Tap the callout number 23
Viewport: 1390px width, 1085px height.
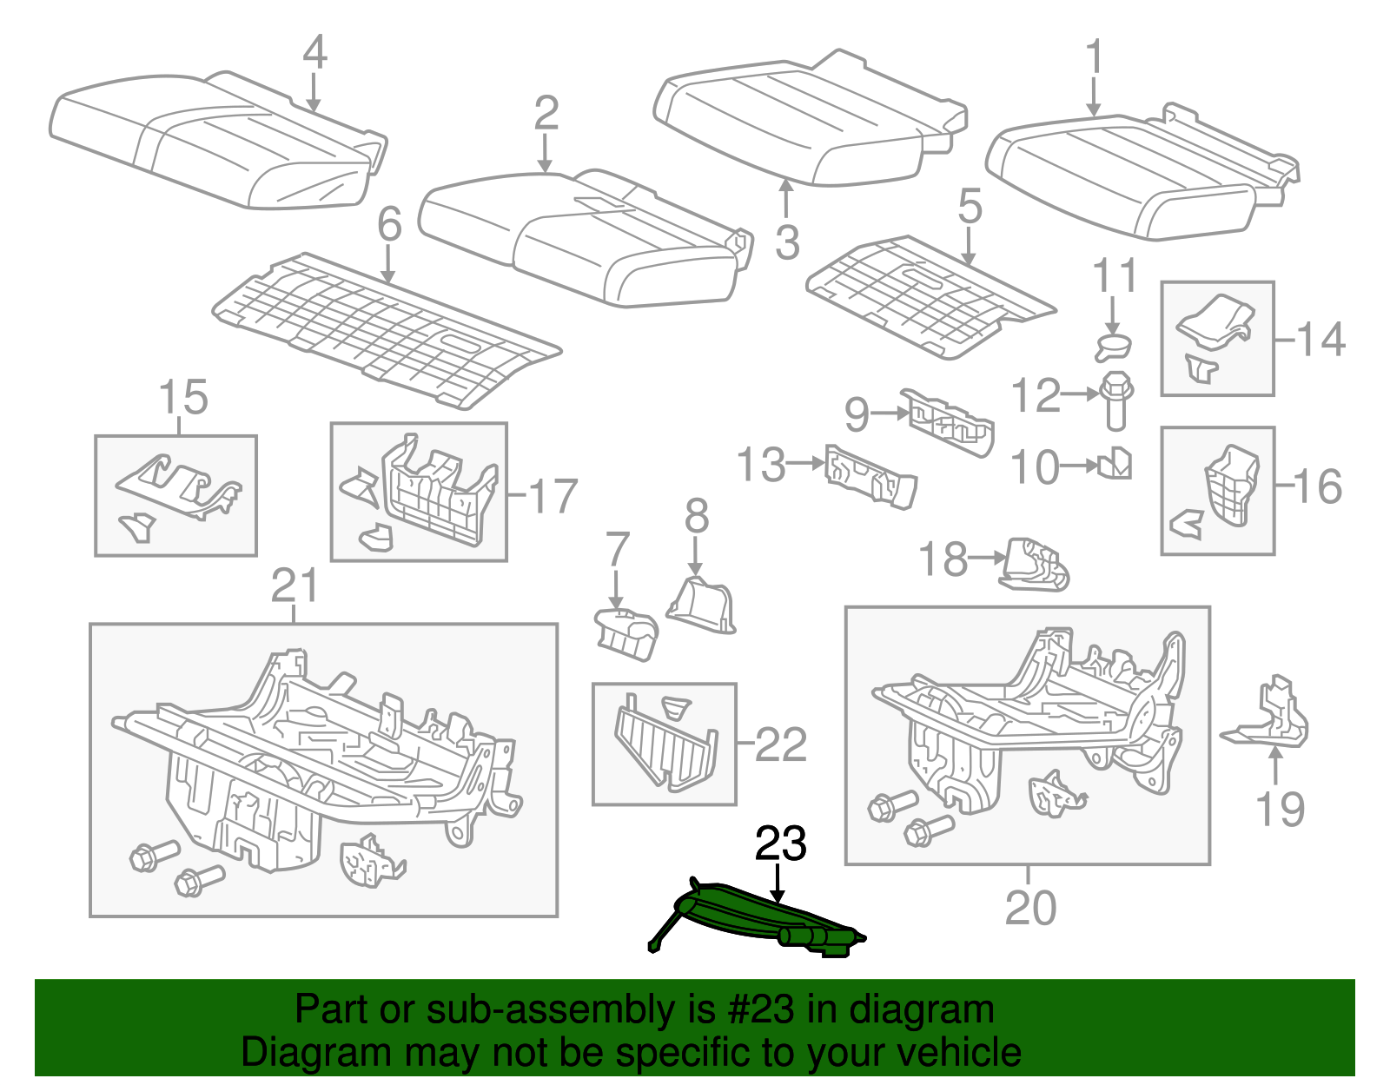click(x=780, y=844)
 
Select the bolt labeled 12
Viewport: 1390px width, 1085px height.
click(x=1115, y=401)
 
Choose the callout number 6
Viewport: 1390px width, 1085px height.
click(x=389, y=224)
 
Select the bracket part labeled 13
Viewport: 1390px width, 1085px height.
click(x=870, y=476)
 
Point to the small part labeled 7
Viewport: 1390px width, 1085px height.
click(x=625, y=632)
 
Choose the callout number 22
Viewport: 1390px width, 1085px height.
click(x=781, y=744)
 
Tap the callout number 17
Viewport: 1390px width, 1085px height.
click(x=553, y=497)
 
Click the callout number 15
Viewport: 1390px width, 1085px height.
click(x=183, y=398)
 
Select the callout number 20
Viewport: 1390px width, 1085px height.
click(x=1029, y=909)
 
